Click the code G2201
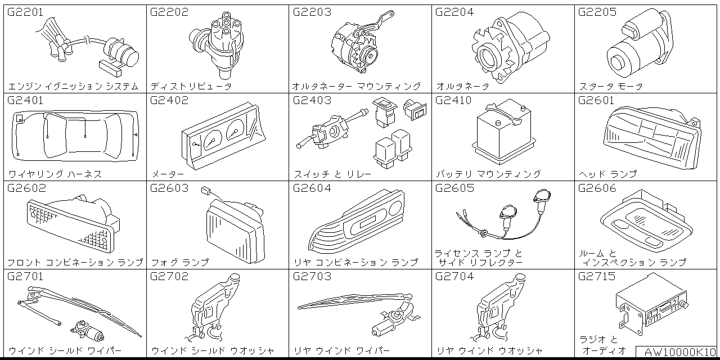(x=25, y=12)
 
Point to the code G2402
(x=169, y=101)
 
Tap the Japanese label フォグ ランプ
(x=179, y=262)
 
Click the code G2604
(x=312, y=188)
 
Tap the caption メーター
(x=168, y=174)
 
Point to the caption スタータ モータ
(x=610, y=87)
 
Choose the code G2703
(x=312, y=276)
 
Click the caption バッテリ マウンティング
(x=488, y=174)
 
